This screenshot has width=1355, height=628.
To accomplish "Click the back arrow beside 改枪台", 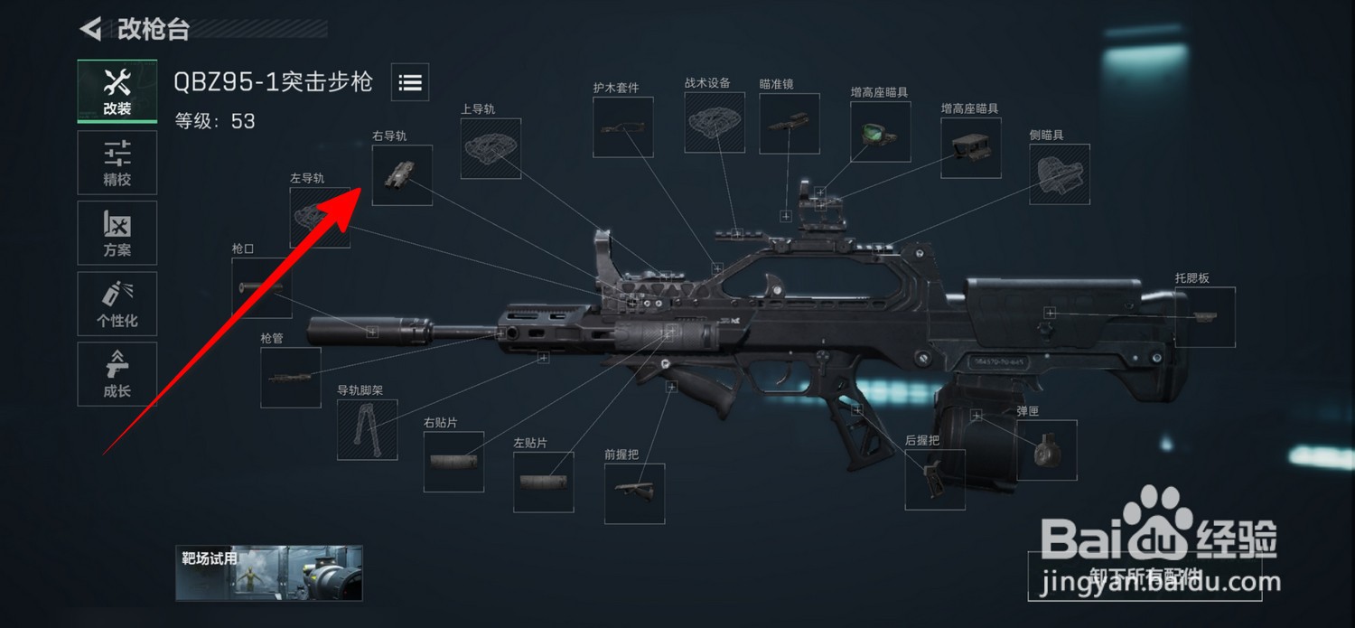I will click(90, 29).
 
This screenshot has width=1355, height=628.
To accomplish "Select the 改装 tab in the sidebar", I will click(117, 91).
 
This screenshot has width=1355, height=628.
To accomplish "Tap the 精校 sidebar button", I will click(117, 163).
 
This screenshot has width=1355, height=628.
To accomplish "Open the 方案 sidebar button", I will click(117, 233).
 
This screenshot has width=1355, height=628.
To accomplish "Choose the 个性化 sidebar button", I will click(117, 304).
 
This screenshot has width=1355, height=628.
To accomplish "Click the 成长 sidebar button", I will click(117, 374).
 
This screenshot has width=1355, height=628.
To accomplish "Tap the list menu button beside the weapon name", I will click(410, 82).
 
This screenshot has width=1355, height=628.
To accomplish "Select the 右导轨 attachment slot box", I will click(402, 175).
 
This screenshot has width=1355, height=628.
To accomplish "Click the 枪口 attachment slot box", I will click(261, 287).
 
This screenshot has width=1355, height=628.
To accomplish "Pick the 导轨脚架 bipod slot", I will click(367, 429).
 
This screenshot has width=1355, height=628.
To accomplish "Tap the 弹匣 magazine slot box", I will click(1047, 450).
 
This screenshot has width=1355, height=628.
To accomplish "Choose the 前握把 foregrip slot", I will click(634, 493).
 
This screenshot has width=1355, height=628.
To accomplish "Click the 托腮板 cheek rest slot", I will click(1204, 317).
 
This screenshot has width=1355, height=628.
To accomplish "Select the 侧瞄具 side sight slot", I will click(1059, 173).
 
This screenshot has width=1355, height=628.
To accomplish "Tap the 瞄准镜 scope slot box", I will click(789, 123).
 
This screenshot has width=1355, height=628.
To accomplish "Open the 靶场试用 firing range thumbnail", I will click(269, 573).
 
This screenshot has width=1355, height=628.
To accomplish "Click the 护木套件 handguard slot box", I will click(622, 127).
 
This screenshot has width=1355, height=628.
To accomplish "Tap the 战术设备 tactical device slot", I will click(715, 121).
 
